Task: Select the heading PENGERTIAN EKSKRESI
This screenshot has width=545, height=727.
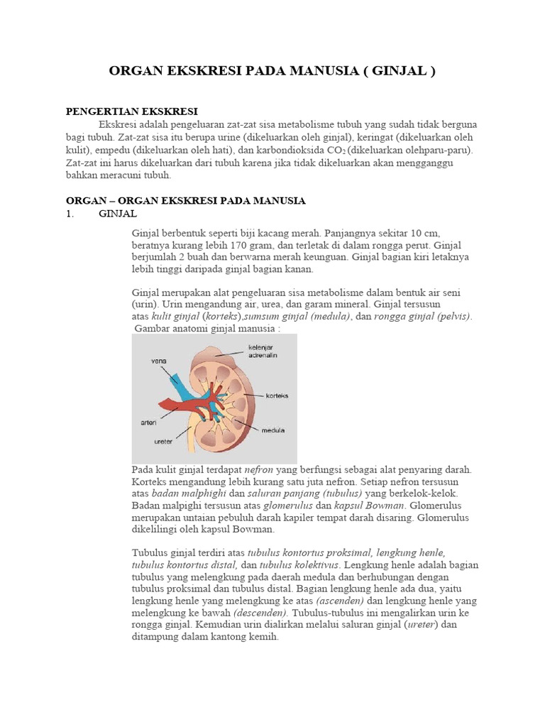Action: tap(131, 111)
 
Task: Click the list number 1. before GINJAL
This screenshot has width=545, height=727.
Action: tap(70, 214)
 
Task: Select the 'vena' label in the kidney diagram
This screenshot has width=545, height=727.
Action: tap(159, 361)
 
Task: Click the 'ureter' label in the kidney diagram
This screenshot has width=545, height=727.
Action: tap(164, 441)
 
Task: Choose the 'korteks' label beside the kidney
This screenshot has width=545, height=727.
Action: tap(277, 395)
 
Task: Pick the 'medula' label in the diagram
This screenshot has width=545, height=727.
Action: tap(273, 430)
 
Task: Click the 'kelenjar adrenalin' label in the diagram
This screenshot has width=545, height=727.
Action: tap(263, 350)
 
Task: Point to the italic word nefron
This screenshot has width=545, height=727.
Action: tap(259, 470)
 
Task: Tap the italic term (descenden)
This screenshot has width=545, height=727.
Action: tap(260, 613)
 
